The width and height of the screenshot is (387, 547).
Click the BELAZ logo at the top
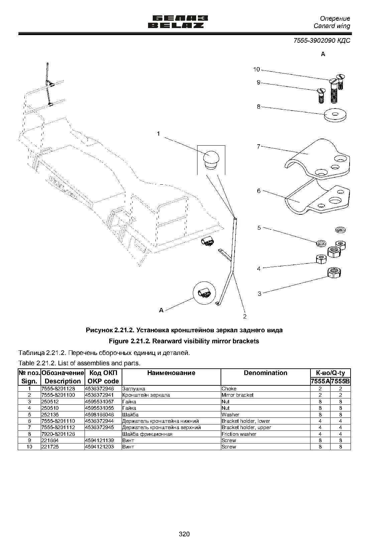tap(178, 22)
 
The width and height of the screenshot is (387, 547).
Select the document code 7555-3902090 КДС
tap(322, 40)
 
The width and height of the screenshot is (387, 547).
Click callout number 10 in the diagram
tap(257, 69)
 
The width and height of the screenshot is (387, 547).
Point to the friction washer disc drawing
tap(335, 115)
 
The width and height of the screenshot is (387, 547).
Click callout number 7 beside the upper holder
tap(258, 147)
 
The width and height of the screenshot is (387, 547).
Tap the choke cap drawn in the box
tap(211, 160)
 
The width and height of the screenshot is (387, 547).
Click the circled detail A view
tap(204, 293)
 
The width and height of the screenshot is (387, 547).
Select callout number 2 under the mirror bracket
tap(245, 317)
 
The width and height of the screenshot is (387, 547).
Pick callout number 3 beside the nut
tap(259, 294)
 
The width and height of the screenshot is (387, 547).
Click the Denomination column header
tap(265, 373)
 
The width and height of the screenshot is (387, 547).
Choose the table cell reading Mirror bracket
tap(237, 395)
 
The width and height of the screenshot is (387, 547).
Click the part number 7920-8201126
tap(58, 434)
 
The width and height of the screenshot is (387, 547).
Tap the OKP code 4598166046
tap(100, 415)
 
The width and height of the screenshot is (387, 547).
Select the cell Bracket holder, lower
tap(246, 421)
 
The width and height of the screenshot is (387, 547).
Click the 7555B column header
tap(341, 381)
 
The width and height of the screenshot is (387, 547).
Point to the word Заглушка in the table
tap(134, 389)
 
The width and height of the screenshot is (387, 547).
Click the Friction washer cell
tap(239, 434)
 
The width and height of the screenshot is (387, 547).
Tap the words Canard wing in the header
tap(332, 26)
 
